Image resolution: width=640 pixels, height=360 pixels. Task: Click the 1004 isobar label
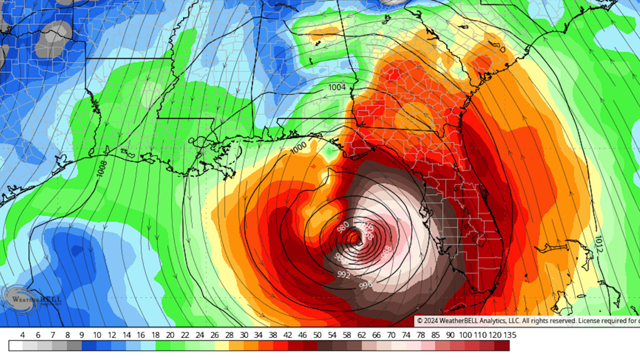[x=337, y=87]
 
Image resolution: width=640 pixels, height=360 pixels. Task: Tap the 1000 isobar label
[x=298, y=148]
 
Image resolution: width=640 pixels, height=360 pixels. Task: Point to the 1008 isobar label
[x=102, y=169]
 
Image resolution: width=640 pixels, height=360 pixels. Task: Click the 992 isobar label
[x=343, y=274]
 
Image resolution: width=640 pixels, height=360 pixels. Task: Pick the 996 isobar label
[x=365, y=285]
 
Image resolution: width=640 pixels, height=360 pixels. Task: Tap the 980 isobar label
[x=343, y=227]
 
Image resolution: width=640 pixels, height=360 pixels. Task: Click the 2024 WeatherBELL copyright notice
[x=527, y=321]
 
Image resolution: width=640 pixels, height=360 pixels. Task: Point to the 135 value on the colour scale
[x=510, y=335]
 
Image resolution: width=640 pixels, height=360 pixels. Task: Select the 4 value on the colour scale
[x=22, y=335]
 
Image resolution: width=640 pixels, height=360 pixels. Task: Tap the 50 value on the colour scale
[x=317, y=335]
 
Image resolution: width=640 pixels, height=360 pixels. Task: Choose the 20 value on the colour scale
[x=170, y=335]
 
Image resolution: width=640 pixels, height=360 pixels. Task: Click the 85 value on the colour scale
[x=435, y=335]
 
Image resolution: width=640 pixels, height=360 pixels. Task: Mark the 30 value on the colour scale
[x=244, y=335]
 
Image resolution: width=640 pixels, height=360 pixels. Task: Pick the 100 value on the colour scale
[x=465, y=335]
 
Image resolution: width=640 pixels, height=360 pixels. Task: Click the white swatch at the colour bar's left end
[x=16, y=346]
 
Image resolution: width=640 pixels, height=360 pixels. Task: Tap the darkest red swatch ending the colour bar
[x=502, y=346]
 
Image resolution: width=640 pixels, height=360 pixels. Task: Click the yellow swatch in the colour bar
[x=222, y=346]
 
